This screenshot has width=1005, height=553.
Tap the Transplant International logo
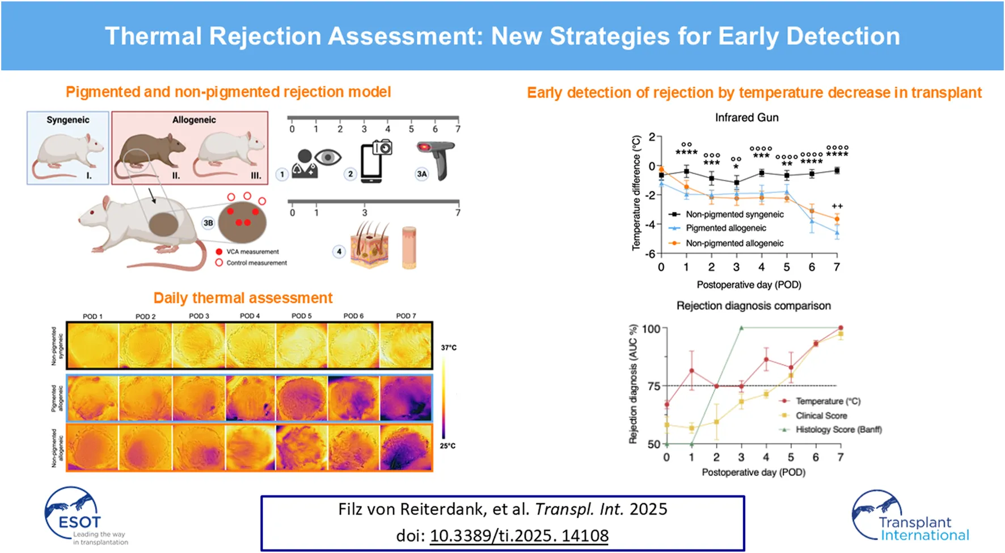click(910, 517)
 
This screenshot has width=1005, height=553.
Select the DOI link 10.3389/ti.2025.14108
click(518, 535)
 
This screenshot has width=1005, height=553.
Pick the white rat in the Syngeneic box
click(67, 153)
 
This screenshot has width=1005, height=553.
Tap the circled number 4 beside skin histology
click(339, 252)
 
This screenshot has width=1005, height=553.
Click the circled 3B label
click(208, 223)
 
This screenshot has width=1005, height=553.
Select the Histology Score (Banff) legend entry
click(838, 430)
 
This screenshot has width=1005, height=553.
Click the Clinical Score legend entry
click(821, 416)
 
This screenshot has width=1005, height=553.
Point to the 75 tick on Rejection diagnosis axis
click(653, 386)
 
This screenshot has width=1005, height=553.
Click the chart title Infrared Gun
click(746, 118)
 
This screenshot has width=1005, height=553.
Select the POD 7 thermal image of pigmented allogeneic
click(406, 398)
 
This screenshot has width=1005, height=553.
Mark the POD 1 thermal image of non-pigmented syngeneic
click(93, 345)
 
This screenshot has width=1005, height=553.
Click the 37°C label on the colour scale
click(449, 347)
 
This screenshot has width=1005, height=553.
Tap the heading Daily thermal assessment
click(243, 298)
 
